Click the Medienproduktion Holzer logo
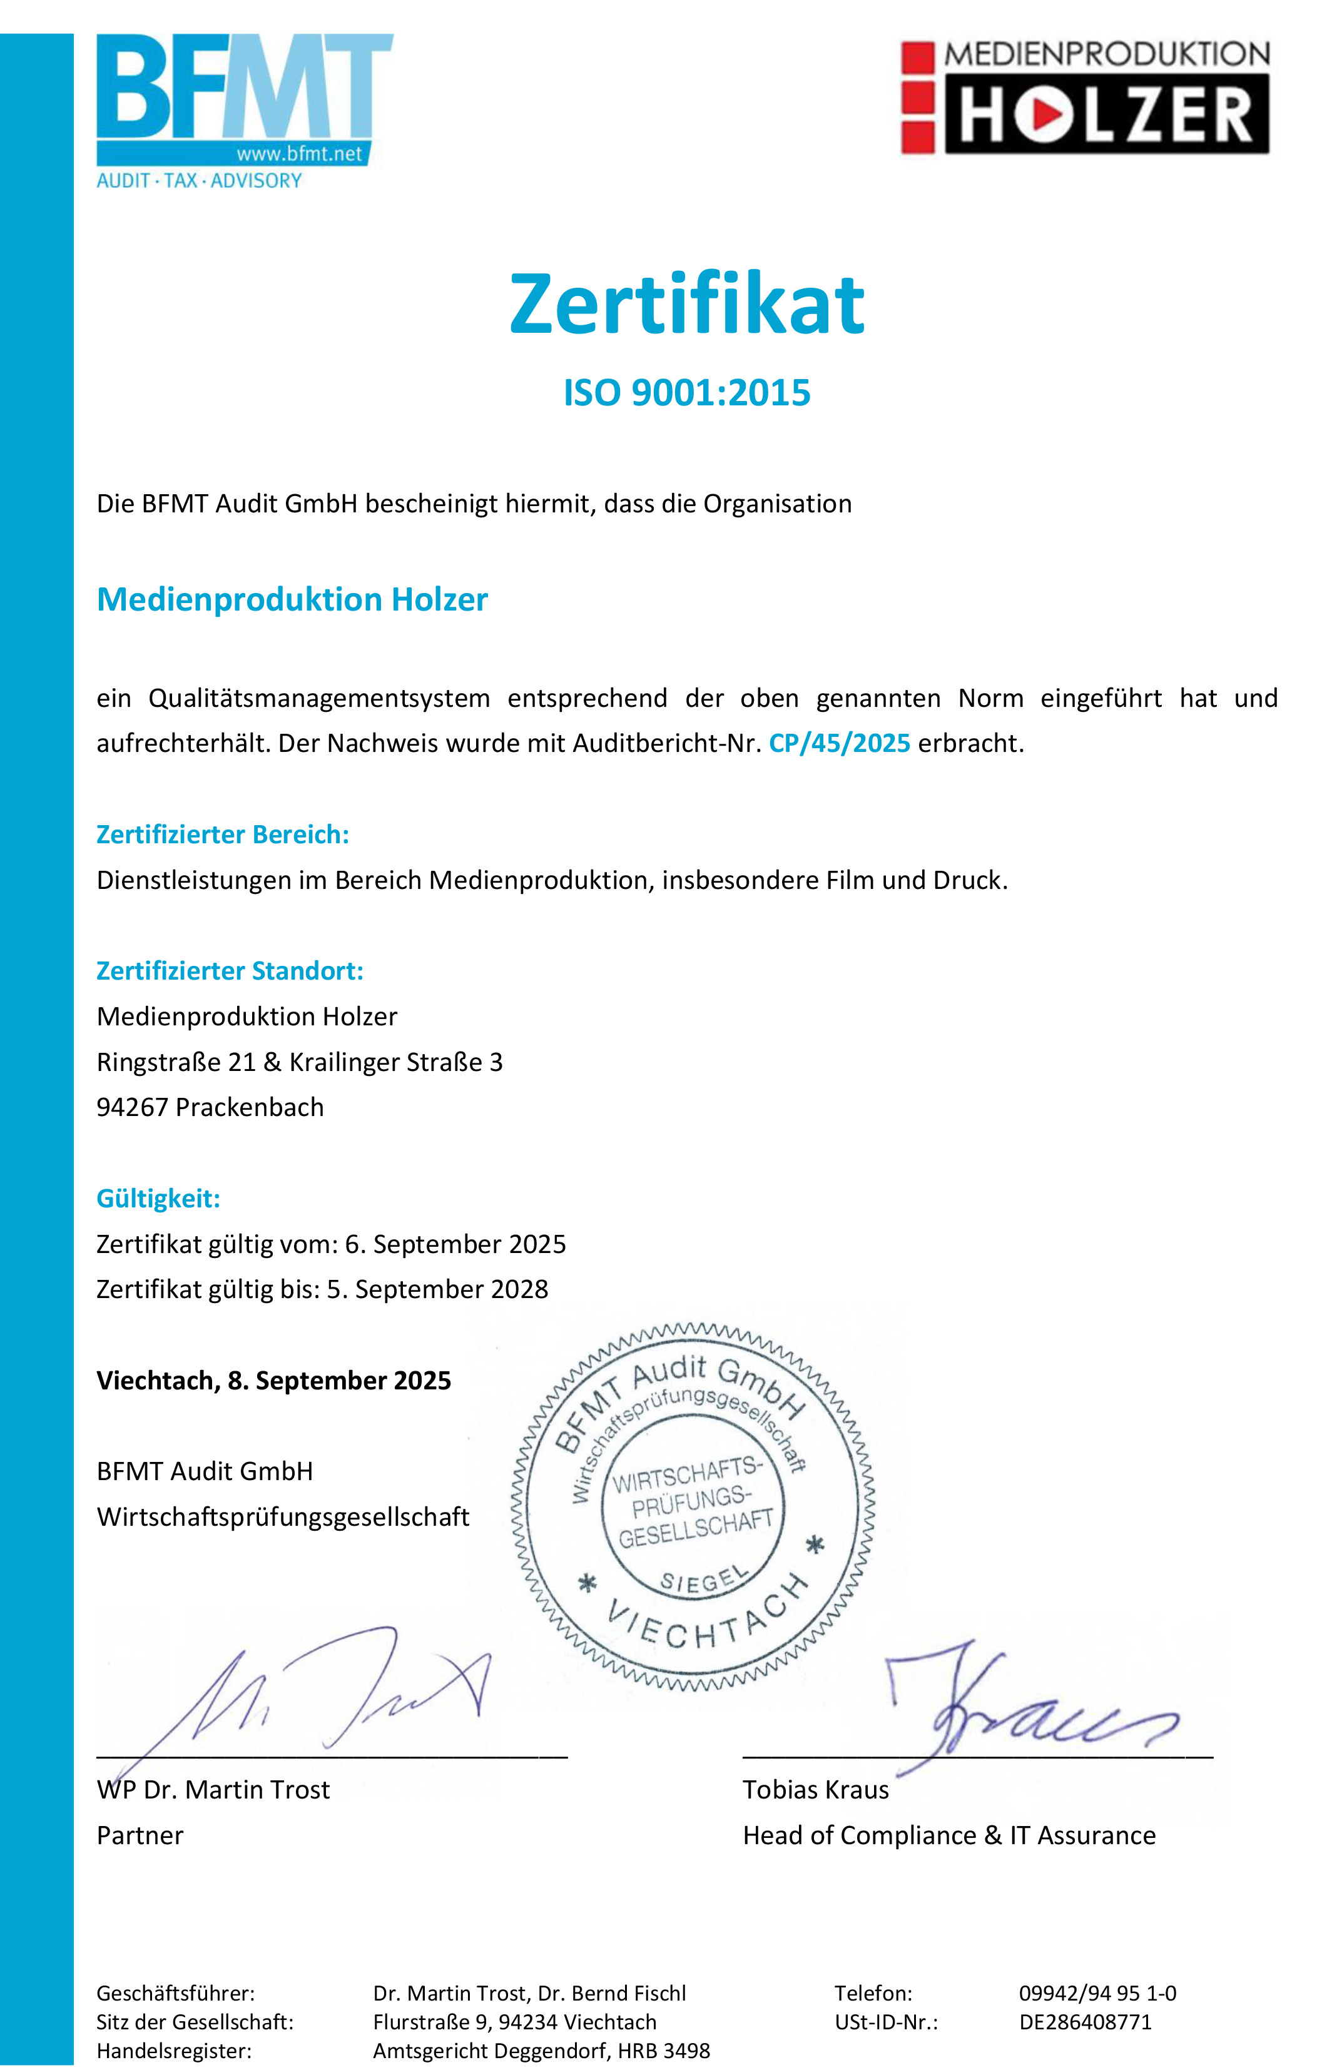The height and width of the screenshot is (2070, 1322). click(x=1085, y=96)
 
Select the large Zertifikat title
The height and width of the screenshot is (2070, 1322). click(x=687, y=304)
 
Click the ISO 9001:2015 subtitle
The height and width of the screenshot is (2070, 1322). click(x=687, y=393)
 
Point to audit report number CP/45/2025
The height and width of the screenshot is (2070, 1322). click(x=839, y=744)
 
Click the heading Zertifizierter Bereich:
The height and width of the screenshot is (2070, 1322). click(x=223, y=835)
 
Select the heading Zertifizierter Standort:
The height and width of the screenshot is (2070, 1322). click(x=230, y=972)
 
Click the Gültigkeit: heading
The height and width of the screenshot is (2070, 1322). click(x=158, y=1199)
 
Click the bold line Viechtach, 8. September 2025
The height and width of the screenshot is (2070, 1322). click(x=273, y=1381)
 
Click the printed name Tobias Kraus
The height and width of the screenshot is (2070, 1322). click(x=816, y=1790)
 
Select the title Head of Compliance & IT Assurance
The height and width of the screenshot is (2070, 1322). click(x=949, y=1835)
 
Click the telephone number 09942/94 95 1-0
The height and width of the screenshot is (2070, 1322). click(x=1097, y=1992)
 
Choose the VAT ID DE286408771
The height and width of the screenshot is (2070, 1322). click(x=1085, y=2022)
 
